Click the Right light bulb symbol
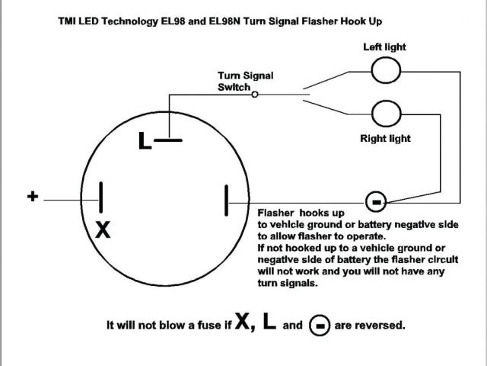click(x=385, y=114)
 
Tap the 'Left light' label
click(x=384, y=47)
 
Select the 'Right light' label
click(x=385, y=139)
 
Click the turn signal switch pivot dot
click(x=255, y=95)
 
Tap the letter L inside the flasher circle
click(x=145, y=141)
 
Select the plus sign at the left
click(x=33, y=197)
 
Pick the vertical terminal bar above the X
click(x=100, y=197)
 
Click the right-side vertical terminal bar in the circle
click(x=226, y=201)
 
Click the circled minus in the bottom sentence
click(x=320, y=326)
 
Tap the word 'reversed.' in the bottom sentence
click(x=380, y=325)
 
